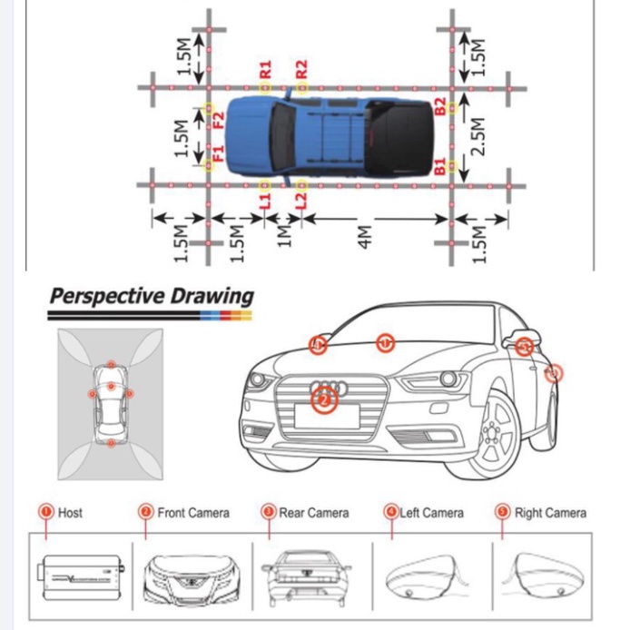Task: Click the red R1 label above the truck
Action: tap(265, 70)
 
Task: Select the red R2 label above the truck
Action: tap(302, 70)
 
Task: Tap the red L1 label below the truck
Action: tap(265, 199)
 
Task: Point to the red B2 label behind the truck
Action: tap(440, 106)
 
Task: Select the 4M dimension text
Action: tap(365, 239)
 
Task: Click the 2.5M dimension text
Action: tap(482, 136)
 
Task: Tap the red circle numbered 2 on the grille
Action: tap(324, 399)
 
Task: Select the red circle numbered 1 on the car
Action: tap(385, 343)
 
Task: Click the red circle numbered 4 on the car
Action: tap(317, 345)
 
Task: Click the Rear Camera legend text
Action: tap(313, 513)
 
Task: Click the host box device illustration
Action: tap(78, 574)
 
